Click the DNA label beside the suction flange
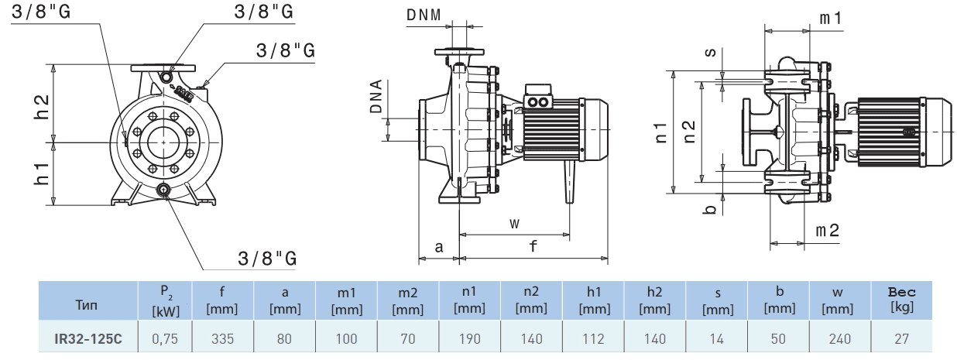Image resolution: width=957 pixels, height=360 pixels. pos(377,97)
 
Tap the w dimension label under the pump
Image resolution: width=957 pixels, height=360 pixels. pos(514,224)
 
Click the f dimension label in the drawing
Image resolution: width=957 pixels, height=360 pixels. pos(533,247)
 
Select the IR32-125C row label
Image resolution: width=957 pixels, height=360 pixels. pos(87,338)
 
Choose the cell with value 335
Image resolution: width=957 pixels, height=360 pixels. pos(222,338)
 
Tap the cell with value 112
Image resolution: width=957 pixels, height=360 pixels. pos(594,338)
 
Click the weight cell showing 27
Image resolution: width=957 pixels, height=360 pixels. pos(902,338)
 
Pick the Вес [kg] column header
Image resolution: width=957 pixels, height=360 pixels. pos(902,300)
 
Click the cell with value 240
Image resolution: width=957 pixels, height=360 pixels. pos(840,338)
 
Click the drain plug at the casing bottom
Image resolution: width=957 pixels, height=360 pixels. pos(164,190)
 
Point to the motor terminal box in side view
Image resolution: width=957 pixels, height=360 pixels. pos(539,100)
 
